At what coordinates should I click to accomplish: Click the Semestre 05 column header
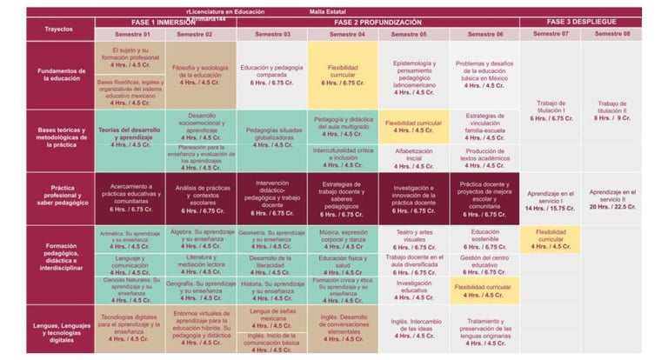point(413,34)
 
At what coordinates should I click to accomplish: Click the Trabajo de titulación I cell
point(551,111)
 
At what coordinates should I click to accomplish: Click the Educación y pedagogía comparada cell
point(271,75)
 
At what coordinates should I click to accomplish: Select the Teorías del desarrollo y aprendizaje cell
point(129,137)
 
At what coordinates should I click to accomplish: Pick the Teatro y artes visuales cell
point(413,239)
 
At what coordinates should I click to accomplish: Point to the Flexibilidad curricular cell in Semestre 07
point(551,239)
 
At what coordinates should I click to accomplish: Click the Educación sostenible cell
point(484,239)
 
